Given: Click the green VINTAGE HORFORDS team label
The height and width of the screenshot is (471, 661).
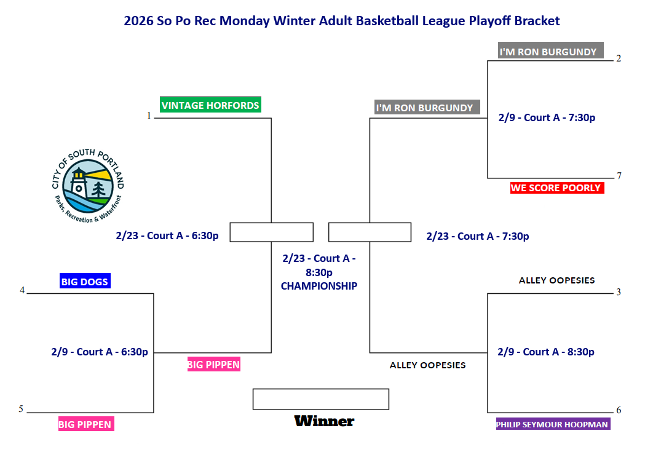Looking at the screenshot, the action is (x=210, y=105).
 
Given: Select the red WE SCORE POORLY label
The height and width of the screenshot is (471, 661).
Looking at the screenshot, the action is (x=557, y=188).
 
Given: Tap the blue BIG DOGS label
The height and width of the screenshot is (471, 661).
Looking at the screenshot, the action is (x=85, y=281).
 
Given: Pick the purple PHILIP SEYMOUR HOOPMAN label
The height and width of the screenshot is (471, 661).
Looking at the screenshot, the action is (x=553, y=424).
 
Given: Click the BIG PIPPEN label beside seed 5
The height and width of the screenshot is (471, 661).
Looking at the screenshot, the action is (x=86, y=424).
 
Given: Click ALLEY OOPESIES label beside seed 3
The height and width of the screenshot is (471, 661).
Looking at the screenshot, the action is (x=556, y=280).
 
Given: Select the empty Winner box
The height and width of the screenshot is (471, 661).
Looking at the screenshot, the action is (x=321, y=399).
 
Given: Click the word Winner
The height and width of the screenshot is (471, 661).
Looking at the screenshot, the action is (x=324, y=421).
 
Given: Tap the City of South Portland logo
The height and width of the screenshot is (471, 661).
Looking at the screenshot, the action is (x=88, y=186).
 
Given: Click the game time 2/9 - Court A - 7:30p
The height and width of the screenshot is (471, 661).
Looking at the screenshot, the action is (x=547, y=117).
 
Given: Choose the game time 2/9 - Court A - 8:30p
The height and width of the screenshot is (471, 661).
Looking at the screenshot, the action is (x=546, y=352).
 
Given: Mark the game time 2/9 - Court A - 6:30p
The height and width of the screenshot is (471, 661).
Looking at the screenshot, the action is (x=100, y=352).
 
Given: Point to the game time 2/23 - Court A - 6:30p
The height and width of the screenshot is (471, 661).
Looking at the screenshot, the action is (x=167, y=235).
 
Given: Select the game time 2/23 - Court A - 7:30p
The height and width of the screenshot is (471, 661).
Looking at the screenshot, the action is (x=478, y=236).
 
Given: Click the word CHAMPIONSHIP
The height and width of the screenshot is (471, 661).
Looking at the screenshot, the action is (x=319, y=286).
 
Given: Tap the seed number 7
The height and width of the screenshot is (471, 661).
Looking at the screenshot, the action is (x=619, y=176).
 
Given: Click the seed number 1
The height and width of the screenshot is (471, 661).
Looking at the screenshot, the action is (x=149, y=116).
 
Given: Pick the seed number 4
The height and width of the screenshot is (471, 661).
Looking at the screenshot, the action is (x=22, y=290).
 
